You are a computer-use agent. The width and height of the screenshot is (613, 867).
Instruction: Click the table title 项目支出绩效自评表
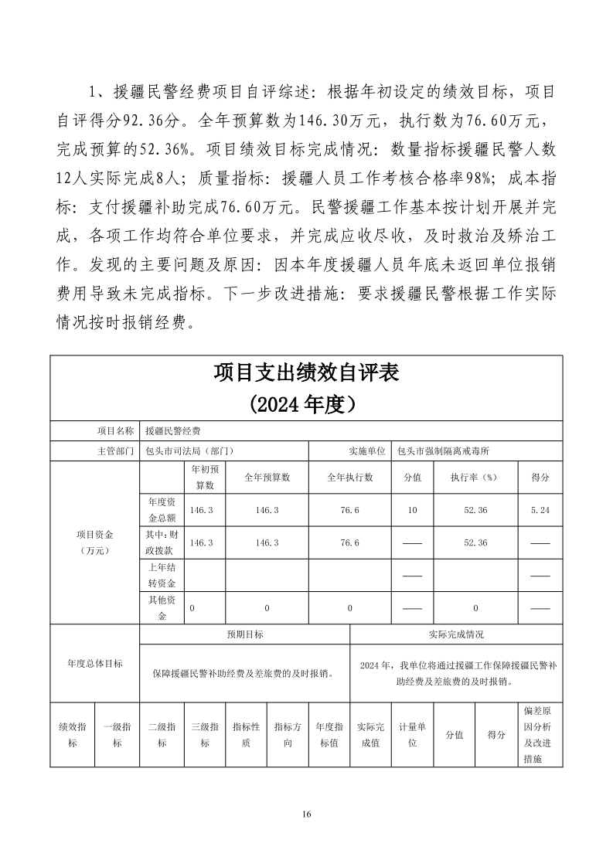[x=306, y=374]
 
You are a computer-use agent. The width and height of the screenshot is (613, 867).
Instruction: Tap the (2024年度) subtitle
[x=306, y=404]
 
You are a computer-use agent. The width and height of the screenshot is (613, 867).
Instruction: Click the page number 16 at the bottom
[x=306, y=814]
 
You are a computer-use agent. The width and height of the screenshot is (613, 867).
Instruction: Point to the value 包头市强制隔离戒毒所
[x=448, y=451]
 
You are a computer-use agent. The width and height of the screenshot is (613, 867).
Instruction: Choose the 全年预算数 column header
[x=267, y=478]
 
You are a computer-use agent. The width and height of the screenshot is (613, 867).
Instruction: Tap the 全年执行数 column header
[x=350, y=478]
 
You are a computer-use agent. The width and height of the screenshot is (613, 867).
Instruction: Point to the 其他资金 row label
[x=162, y=607]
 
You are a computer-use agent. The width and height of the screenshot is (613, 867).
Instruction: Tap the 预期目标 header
[x=244, y=634]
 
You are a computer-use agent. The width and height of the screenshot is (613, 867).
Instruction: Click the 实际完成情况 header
[x=456, y=634]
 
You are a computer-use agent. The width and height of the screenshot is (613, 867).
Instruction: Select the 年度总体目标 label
[x=95, y=663]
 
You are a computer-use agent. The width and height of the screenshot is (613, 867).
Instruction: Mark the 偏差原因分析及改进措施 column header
[x=540, y=735]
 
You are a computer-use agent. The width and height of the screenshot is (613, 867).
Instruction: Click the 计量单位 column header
[x=412, y=735]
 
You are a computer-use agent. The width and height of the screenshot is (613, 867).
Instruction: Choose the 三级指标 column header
[x=204, y=735]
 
